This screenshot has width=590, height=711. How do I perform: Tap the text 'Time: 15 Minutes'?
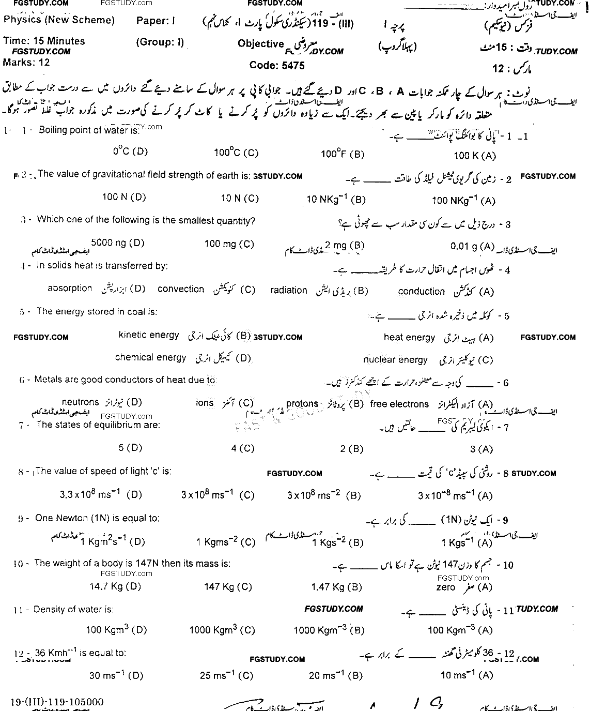pos(44,41)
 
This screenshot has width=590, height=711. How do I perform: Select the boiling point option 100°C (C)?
pos(236,153)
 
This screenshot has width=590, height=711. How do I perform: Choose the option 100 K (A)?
pos(475,155)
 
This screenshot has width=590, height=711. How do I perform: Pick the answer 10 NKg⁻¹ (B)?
pos(336,199)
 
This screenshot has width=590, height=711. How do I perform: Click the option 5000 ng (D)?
pos(118,243)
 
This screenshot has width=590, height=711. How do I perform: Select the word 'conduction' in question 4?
pos(421,291)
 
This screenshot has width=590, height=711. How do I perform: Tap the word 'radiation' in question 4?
pos(288,290)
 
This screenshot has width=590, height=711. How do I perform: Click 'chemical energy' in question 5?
pos(150,357)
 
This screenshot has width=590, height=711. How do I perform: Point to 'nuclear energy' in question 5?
pos(395,360)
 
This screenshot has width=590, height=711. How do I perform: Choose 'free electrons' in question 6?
pos(399,404)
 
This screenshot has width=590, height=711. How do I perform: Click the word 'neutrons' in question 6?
pos(80,402)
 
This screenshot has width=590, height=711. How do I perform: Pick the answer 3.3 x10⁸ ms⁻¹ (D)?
pos(101,494)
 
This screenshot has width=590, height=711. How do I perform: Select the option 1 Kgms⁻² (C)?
pos(226,542)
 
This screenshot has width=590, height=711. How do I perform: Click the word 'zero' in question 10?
pos(445,587)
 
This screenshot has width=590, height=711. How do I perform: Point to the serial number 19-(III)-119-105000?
pos(57,702)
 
